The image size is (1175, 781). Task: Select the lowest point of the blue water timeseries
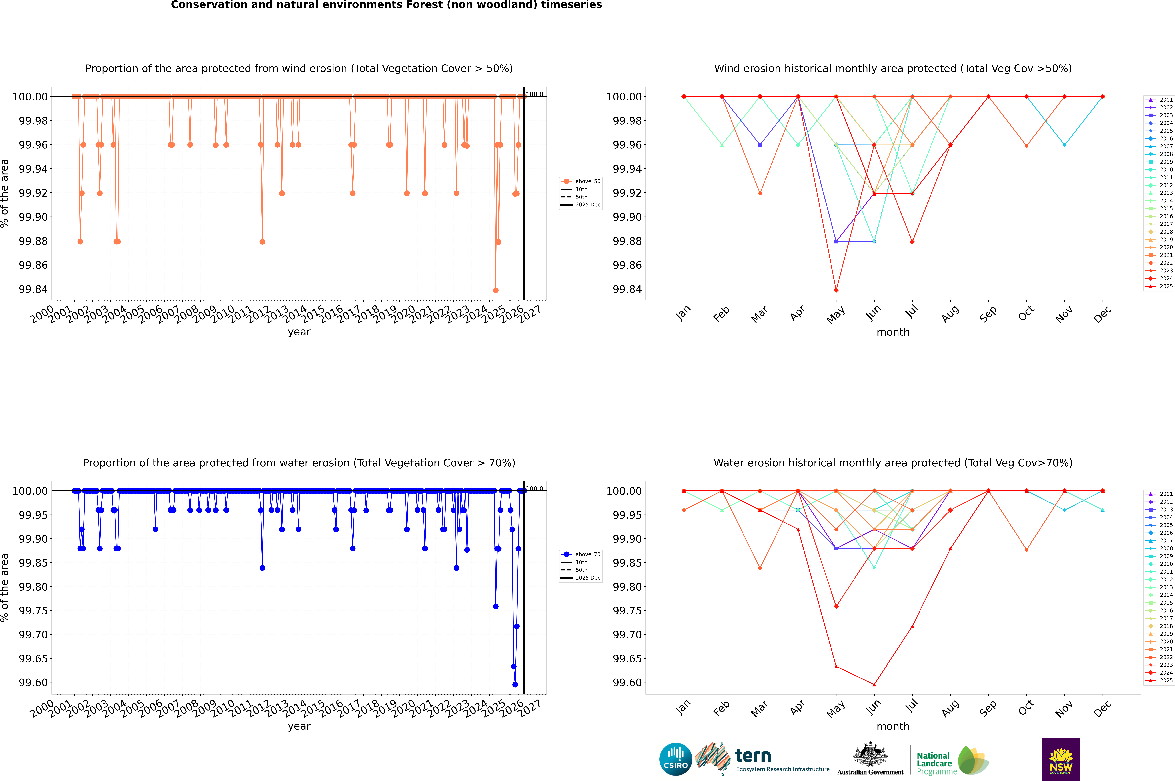tap(515, 684)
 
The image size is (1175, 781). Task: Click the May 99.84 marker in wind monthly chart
tap(836, 290)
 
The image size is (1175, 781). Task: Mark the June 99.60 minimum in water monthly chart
tap(874, 684)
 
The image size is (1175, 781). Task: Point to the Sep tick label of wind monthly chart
tap(988, 314)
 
